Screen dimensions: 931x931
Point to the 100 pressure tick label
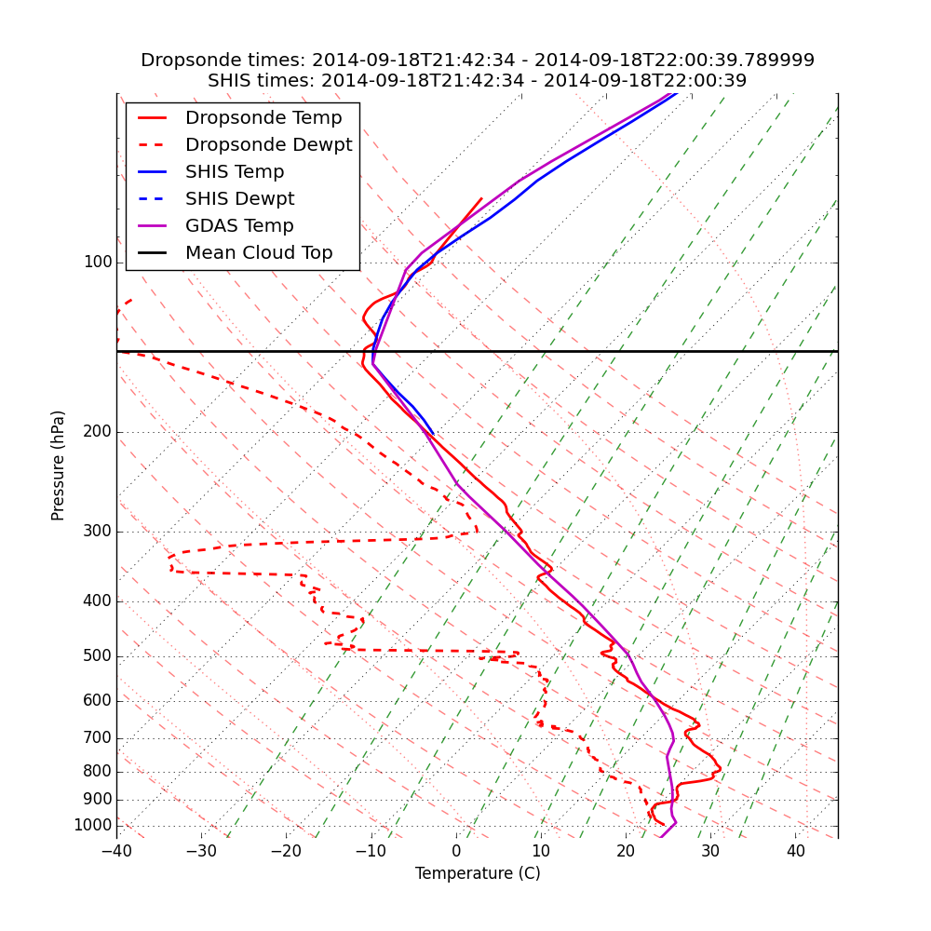click(x=98, y=263)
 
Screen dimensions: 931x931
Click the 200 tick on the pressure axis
click(x=98, y=432)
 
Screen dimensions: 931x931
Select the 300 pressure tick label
click(x=98, y=532)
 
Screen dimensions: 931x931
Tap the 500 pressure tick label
click(x=98, y=656)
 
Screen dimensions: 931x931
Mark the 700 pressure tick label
click(x=98, y=738)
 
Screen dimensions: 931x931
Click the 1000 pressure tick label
click(x=93, y=826)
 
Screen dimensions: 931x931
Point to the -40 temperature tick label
click(x=116, y=852)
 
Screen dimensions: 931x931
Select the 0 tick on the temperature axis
click(x=456, y=852)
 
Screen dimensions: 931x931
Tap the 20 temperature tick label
click(x=626, y=852)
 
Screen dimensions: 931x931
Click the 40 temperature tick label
click(x=795, y=852)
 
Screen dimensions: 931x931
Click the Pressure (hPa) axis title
click(x=59, y=465)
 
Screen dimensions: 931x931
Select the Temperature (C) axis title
click(x=478, y=873)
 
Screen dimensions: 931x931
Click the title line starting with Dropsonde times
click(x=478, y=61)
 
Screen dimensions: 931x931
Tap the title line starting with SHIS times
click(x=478, y=81)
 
